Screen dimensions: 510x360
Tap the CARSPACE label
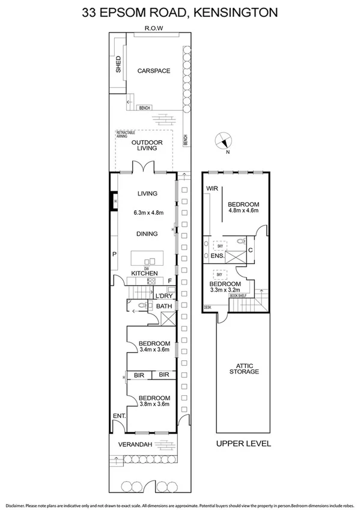coord(153,71)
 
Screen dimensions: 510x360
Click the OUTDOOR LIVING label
coord(147,145)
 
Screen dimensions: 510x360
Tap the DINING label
coord(147,234)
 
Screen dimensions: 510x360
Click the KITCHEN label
coord(145,274)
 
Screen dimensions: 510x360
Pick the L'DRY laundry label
coord(163,296)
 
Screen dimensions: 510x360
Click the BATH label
coord(164,307)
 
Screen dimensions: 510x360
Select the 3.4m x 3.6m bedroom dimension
coord(154,349)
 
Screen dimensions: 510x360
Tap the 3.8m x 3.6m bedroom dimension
coord(154,404)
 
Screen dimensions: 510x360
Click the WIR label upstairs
coord(212,188)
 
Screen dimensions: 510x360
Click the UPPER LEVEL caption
coord(243,444)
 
